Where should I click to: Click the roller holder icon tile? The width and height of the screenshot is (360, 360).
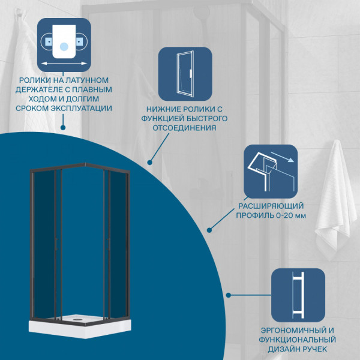point(64,45)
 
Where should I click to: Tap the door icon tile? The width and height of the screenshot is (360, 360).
point(185,74)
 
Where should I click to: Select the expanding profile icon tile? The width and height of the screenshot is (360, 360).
point(271,171)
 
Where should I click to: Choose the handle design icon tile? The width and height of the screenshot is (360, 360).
point(298,295)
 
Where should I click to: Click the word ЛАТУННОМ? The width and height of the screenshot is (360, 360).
point(87,80)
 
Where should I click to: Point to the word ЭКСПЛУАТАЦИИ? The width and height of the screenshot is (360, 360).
point(81,108)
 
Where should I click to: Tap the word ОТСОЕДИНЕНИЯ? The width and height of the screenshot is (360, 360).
point(185,128)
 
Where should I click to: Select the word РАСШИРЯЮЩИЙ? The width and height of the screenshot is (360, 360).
point(271,206)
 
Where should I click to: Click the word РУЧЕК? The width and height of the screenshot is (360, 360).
point(314,349)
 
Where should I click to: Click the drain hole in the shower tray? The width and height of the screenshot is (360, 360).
point(77,319)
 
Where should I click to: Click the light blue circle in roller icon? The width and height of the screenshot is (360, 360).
point(64,47)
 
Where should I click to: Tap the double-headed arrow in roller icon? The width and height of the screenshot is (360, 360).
point(64,64)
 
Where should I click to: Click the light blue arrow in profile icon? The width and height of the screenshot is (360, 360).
point(283,157)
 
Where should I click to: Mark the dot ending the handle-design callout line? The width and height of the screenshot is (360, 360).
point(229,295)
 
